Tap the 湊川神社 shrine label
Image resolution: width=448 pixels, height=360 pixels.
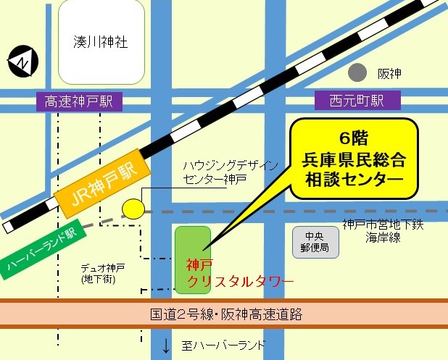pos(101,42)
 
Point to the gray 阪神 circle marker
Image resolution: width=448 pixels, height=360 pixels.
pos(357,72)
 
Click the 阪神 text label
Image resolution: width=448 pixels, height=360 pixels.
pos(389,74)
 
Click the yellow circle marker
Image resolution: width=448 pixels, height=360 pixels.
pos(132,209)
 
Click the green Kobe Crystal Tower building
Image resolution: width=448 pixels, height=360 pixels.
pos(193,258)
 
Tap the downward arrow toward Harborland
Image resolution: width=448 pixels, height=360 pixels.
pos(166,346)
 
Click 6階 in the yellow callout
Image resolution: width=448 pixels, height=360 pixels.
pos(354,138)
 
